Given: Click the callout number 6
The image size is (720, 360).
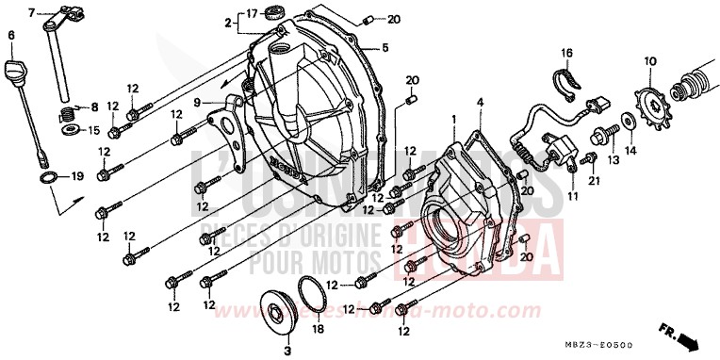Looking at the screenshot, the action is coord(11,36).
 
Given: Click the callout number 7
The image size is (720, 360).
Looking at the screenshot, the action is coord(30,12).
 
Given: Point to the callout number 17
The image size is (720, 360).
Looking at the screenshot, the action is coord(252,13).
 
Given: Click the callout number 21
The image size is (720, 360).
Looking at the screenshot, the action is coord(593,181).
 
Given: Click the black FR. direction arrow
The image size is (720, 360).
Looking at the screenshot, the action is coord(692,336).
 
